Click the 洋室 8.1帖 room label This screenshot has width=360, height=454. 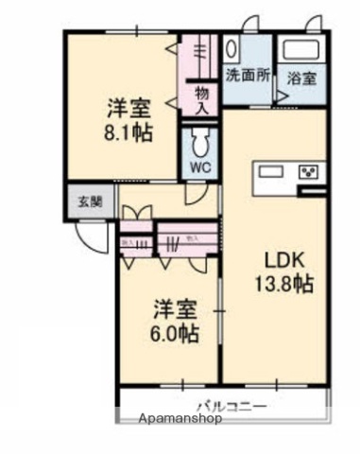[125, 120]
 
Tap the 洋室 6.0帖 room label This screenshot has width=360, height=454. [177, 321]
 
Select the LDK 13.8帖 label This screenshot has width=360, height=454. [283, 271]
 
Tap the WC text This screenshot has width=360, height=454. [199, 169]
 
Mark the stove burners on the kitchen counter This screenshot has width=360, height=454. [309, 172]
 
